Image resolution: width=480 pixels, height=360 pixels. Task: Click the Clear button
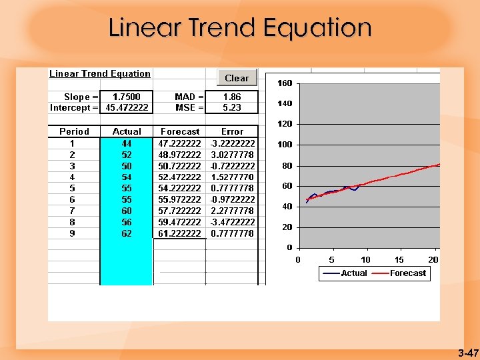(x=237, y=78)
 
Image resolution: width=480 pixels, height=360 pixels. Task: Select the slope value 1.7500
(x=127, y=97)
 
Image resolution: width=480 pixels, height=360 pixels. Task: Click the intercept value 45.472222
(x=127, y=107)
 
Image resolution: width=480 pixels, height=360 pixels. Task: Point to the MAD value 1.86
(x=231, y=97)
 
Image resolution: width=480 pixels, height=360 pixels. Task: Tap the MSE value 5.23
(x=231, y=107)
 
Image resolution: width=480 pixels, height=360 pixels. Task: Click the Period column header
(x=74, y=132)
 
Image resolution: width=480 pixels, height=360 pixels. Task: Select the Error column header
(x=232, y=132)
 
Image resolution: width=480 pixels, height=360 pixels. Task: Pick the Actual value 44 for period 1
(x=127, y=143)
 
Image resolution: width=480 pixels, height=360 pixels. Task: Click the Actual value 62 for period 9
(x=127, y=234)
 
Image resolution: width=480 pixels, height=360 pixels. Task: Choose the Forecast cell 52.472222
(x=179, y=177)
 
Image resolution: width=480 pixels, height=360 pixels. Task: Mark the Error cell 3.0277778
(x=232, y=155)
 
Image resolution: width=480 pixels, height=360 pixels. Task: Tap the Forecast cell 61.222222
(x=179, y=234)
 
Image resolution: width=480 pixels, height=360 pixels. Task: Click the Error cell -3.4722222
(x=232, y=223)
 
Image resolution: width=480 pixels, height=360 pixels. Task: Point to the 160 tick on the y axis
(x=285, y=83)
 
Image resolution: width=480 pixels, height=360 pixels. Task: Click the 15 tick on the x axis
(x=399, y=259)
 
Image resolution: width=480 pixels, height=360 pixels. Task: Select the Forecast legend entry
(x=407, y=273)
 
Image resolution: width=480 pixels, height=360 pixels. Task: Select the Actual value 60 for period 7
(x=127, y=211)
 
